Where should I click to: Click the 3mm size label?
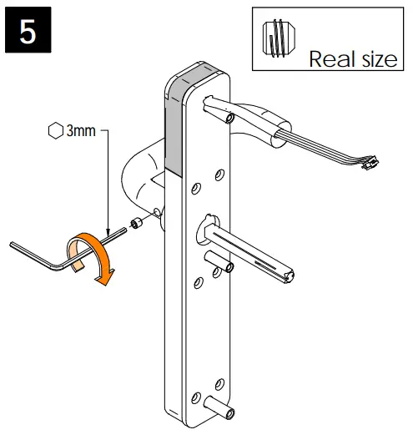click(x=81, y=132)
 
